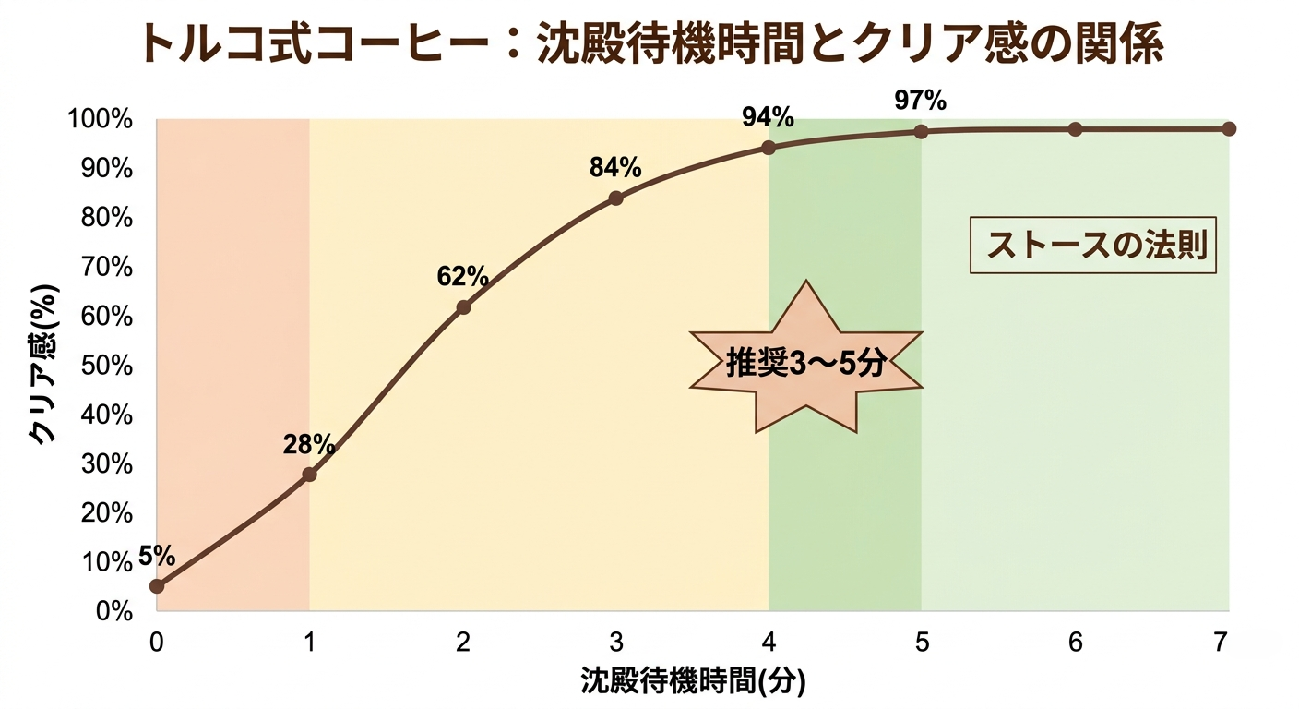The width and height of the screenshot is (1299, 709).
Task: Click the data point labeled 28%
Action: (309, 475)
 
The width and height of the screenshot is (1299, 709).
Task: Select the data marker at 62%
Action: (463, 306)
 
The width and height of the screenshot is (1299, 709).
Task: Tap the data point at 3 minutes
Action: (616, 198)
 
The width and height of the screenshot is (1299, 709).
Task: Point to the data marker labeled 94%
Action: (769, 148)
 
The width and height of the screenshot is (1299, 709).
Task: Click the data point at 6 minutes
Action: (1075, 129)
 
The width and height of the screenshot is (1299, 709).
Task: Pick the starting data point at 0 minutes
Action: (157, 585)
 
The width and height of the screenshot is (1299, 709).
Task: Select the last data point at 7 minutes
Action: (1228, 128)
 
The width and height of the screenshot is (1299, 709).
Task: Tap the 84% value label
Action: (615, 167)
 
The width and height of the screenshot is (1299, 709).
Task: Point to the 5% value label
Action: (157, 555)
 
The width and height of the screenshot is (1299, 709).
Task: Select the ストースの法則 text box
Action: (1093, 246)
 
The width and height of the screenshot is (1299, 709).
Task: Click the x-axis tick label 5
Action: (922, 642)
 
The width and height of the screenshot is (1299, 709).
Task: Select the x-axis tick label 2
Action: (463, 642)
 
